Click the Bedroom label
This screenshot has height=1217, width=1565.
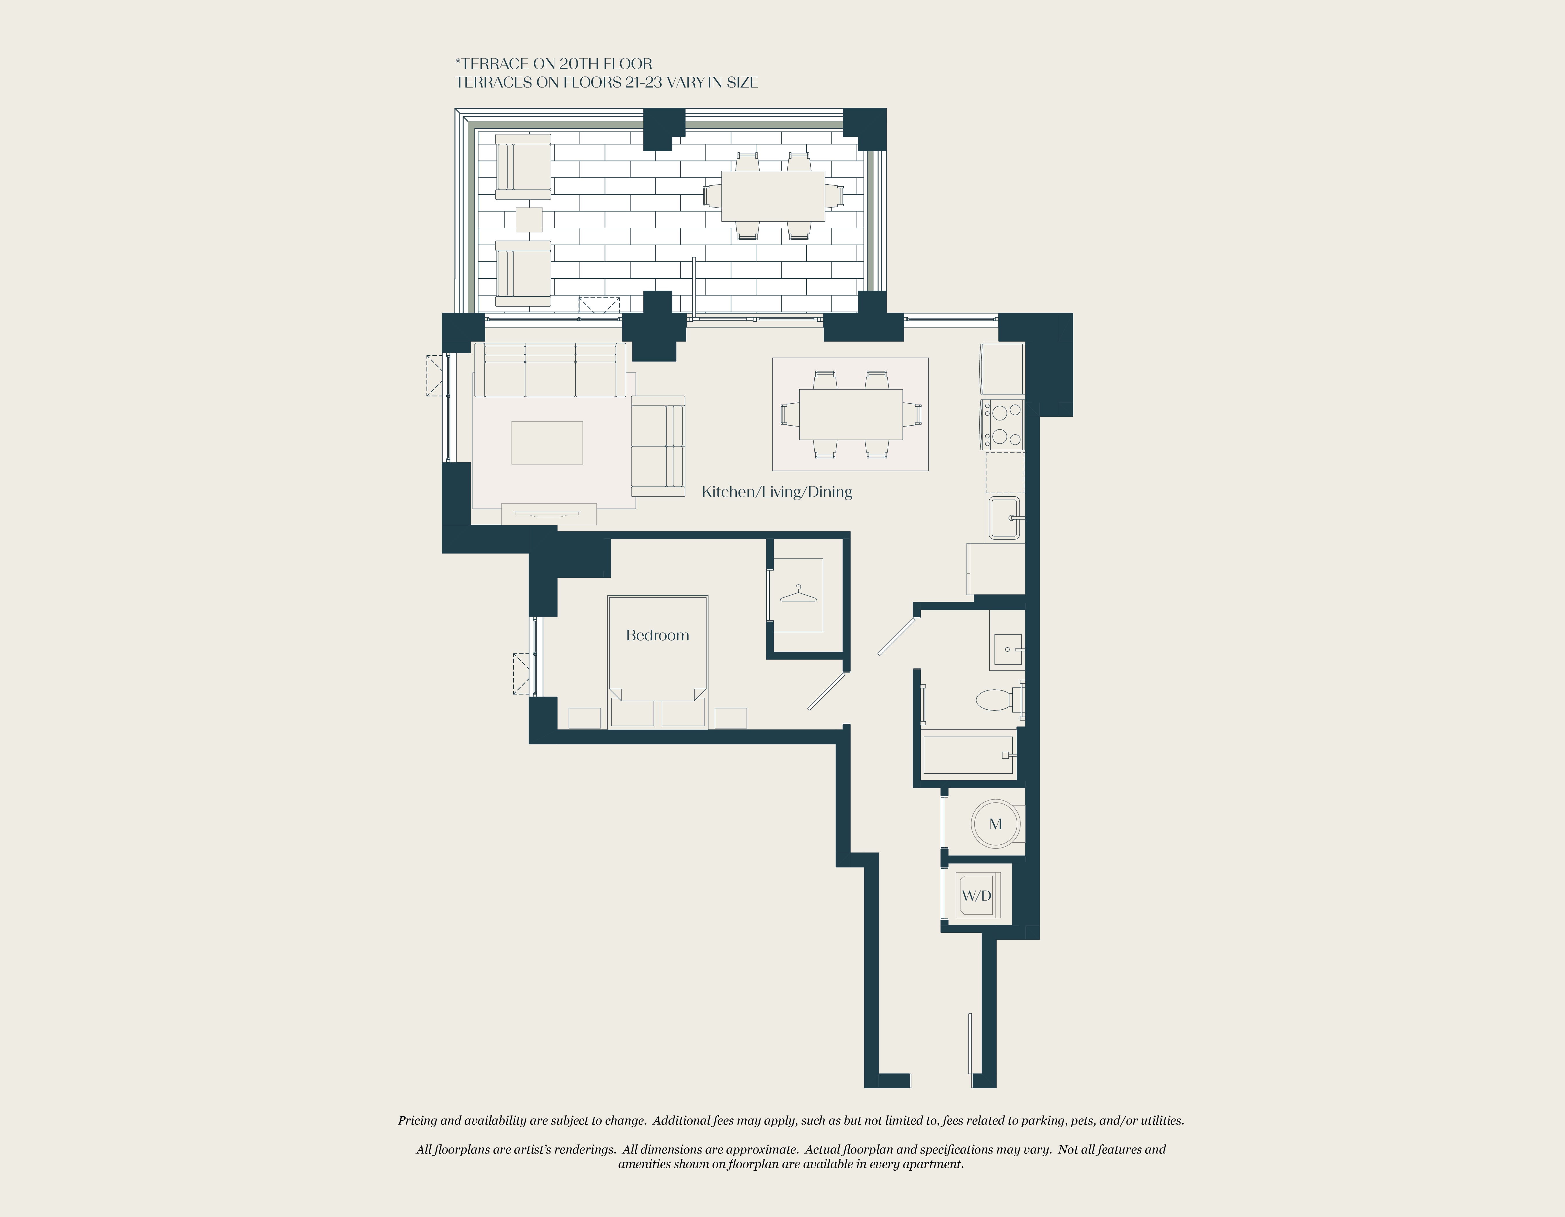pos(657,635)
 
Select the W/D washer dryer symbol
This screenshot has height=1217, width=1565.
pos(976,895)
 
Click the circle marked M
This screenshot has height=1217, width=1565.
pos(995,824)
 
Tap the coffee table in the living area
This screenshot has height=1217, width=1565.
pos(547,443)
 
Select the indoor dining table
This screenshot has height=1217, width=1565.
pos(851,414)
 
